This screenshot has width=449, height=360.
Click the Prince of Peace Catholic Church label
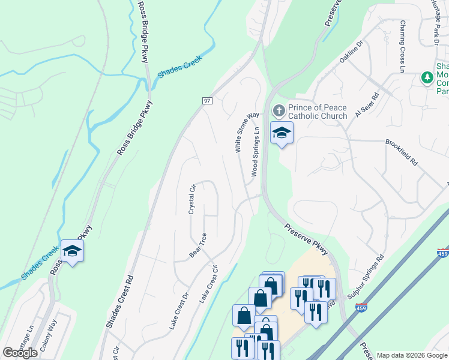(x=318, y=112)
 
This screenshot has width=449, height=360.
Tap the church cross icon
(x=279, y=111)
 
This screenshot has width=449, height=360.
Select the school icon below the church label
(x=281, y=133)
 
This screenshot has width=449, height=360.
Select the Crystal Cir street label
(x=193, y=199)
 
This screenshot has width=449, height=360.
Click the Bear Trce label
(x=198, y=246)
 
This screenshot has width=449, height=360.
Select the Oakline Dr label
(x=352, y=53)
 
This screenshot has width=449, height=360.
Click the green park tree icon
(x=427, y=77)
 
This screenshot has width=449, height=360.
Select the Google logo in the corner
(x=20, y=353)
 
